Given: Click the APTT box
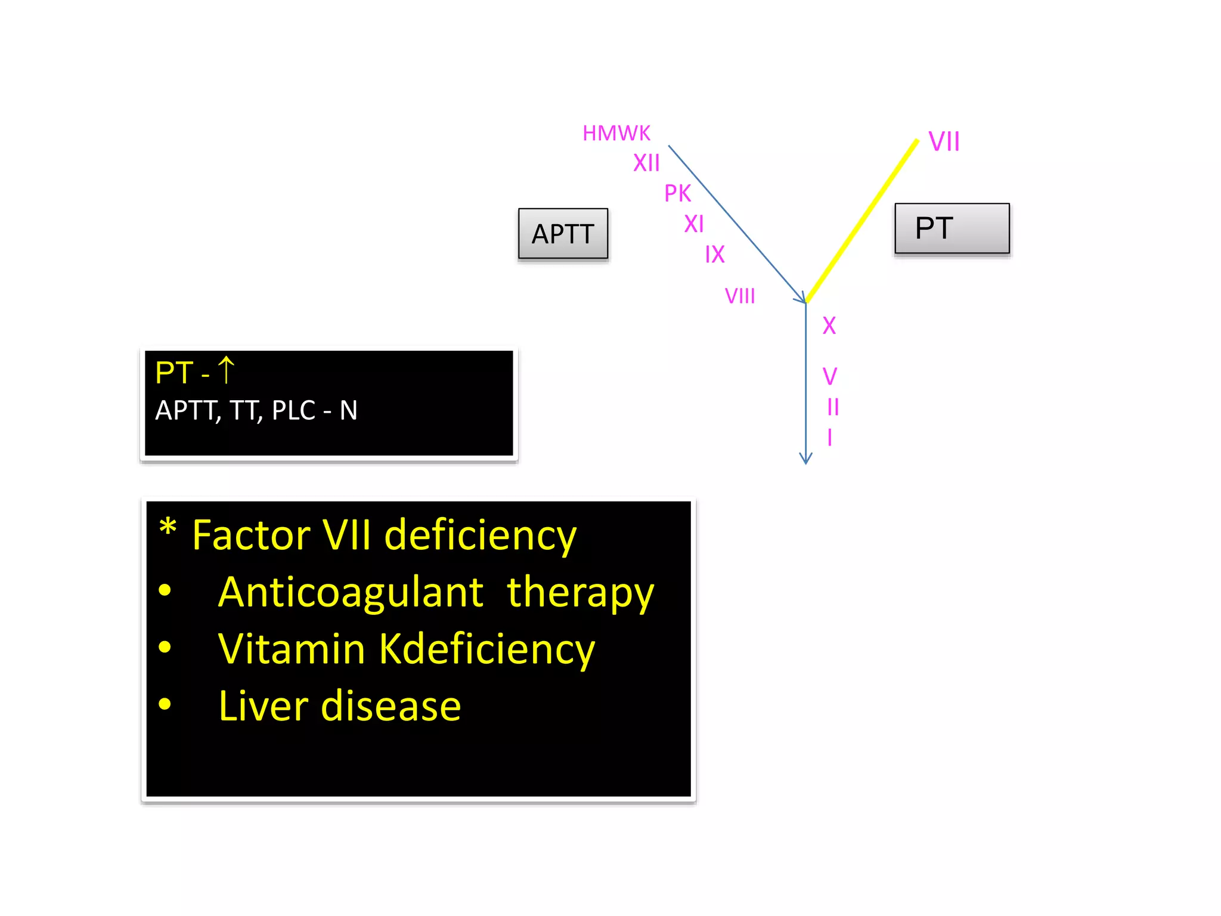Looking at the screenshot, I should coord(563,234).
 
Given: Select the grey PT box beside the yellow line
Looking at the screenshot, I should coord(952,228).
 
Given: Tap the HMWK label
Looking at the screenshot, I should coord(616,134).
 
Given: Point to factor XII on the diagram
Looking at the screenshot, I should coord(646,163).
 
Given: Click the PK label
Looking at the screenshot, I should coord(677,193).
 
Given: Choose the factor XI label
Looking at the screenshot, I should coord(694,224).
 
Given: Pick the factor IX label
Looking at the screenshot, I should coord(714,255).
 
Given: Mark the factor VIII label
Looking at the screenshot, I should coord(739,296).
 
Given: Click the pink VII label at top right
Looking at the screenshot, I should coord(944,142).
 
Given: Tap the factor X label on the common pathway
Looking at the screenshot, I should coord(829,326).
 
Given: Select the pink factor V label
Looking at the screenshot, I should coord(829,376).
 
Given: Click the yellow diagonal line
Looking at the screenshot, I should coord(862,221).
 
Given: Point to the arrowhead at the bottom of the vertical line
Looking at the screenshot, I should coord(805,459).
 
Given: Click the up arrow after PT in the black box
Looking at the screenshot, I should coord(226,370).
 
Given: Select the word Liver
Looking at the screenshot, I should coord(264,706).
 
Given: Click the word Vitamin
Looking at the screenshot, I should coord(292,649).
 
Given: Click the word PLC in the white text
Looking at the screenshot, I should coord(293,410).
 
